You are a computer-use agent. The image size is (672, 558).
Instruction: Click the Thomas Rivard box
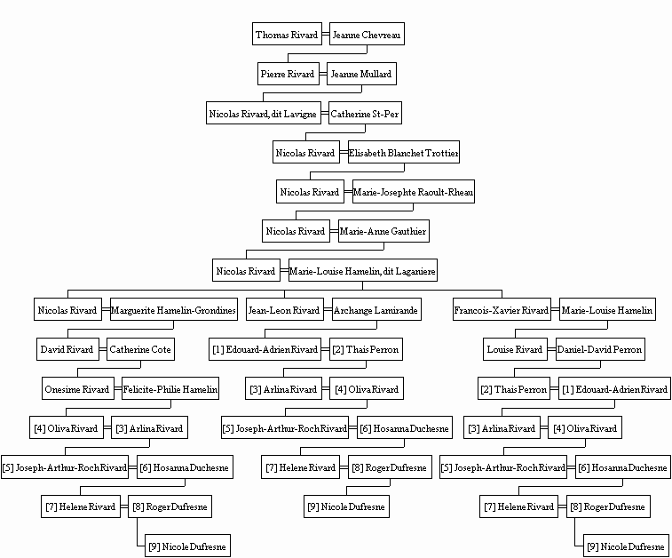pos(287,34)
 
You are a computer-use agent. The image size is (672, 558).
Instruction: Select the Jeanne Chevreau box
pos(367,34)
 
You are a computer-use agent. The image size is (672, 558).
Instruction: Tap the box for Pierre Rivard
pos(288,74)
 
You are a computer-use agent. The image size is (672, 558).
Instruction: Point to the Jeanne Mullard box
pos(361,74)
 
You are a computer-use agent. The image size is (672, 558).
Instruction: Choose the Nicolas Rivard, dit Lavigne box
pos(264,113)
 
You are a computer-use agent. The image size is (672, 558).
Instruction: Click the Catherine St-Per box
pos(365,113)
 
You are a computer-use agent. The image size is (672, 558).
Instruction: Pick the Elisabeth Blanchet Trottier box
pos(404,152)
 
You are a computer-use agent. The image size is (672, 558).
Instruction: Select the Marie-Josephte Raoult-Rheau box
pos(414,192)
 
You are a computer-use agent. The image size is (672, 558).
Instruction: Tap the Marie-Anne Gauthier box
pos(383,231)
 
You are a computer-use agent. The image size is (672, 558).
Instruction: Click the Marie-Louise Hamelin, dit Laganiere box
pos(363,271)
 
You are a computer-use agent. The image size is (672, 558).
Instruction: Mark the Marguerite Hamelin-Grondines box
pos(174,310)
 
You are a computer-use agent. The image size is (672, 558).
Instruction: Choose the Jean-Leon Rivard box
pos(285,310)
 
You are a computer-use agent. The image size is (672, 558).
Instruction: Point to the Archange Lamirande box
pos(376,310)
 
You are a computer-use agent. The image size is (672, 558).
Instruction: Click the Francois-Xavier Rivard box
pos(502,310)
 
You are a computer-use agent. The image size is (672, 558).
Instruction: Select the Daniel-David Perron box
pos(600,349)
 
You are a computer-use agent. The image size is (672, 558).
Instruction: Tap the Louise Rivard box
pos(515,349)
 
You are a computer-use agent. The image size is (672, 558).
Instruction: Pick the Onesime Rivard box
pos(78,388)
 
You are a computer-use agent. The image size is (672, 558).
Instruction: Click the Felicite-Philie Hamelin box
pos(170,388)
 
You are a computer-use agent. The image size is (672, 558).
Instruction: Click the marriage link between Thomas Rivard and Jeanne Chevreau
pos(326,34)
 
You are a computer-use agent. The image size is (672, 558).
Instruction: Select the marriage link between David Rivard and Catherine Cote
pos(103,349)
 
